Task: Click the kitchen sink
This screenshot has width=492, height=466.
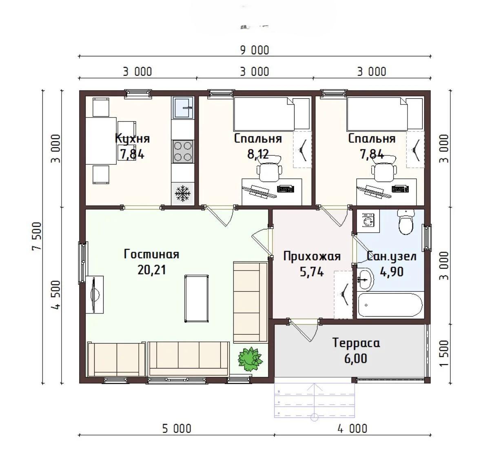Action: pyautogui.click(x=183, y=108)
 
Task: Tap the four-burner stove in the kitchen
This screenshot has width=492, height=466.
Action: pyautogui.click(x=183, y=151)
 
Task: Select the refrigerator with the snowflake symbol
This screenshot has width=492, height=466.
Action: pyautogui.click(x=183, y=194)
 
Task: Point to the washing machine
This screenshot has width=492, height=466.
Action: pyautogui.click(x=368, y=221)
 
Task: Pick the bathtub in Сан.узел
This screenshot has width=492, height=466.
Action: pyautogui.click(x=390, y=305)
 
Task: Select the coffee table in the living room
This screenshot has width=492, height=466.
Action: pyautogui.click(x=197, y=298)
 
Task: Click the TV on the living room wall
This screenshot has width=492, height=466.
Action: pyautogui.click(x=95, y=295)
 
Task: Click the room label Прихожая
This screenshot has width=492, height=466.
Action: pyautogui.click(x=312, y=257)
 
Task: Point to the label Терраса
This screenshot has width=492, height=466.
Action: pyautogui.click(x=356, y=343)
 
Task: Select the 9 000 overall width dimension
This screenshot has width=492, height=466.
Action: pyautogui.click(x=255, y=50)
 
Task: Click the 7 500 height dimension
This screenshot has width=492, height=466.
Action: pyautogui.click(x=37, y=236)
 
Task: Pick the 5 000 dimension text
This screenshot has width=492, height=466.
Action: pyautogui.click(x=177, y=429)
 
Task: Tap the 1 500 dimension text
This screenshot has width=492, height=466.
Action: pyautogui.click(x=444, y=353)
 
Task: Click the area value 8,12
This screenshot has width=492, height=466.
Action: pyautogui.click(x=258, y=154)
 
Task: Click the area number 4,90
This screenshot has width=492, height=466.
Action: pyautogui.click(x=392, y=272)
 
